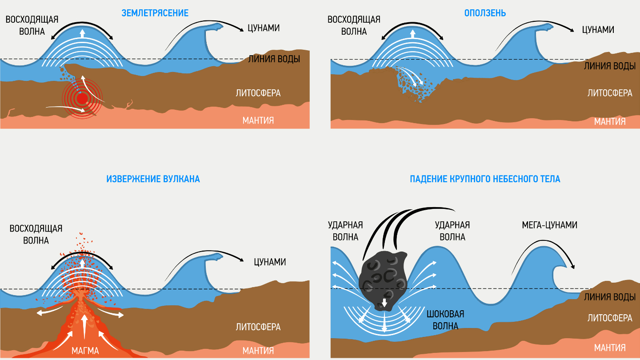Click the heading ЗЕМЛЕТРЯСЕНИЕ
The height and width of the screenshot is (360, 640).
coord(155,13)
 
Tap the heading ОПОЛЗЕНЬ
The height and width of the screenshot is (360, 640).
coord(485,13)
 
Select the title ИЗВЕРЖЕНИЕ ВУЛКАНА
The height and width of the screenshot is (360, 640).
coord(153,179)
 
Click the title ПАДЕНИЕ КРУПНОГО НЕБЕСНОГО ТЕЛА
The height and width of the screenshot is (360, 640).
coord(485,179)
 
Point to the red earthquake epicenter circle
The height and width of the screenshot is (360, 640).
coord(82,98)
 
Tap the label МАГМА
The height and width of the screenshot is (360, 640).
coord(85,351)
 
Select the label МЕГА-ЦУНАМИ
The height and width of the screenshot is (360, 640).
coord(549,225)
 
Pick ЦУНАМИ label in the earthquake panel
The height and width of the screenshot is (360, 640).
coord(264,28)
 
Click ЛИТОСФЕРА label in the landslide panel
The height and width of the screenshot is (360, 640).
coord(610,93)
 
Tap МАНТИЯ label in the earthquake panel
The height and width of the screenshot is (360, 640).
coord(258,120)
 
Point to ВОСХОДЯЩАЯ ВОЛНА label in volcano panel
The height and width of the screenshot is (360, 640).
coord(36,235)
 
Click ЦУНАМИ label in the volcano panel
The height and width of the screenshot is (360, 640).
coord(270,262)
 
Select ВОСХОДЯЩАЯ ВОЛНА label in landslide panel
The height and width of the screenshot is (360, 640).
coord(354,25)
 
